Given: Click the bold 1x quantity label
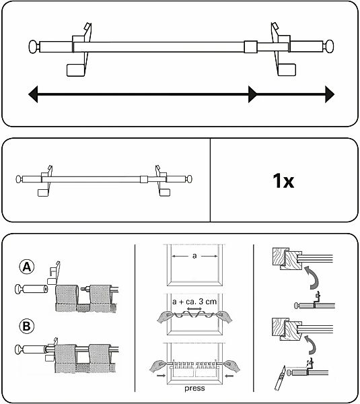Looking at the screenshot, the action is (x=283, y=180).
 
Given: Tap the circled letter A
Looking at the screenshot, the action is (x=27, y=267).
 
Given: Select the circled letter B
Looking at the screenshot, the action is (x=26, y=326).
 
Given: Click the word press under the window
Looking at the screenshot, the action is (x=194, y=389).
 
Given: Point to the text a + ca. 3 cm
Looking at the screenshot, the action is (x=194, y=302).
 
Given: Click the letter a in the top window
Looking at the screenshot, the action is (x=194, y=256).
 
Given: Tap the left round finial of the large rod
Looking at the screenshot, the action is (x=34, y=46).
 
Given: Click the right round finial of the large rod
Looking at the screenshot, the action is (x=328, y=46).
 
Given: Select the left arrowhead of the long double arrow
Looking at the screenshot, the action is (x=33, y=94).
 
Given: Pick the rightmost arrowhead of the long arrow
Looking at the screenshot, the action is (x=330, y=94).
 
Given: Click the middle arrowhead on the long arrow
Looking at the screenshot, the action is (x=252, y=94).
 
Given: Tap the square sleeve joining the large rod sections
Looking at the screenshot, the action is (x=250, y=46).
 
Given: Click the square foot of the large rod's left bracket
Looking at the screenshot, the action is (x=75, y=70).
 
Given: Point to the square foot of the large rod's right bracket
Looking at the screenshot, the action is (x=287, y=70).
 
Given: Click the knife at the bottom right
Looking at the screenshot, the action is (x=280, y=378).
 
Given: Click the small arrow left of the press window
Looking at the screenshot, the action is (x=161, y=376).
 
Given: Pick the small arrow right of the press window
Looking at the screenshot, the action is (x=229, y=376).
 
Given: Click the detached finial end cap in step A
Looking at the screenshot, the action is (x=32, y=289).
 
